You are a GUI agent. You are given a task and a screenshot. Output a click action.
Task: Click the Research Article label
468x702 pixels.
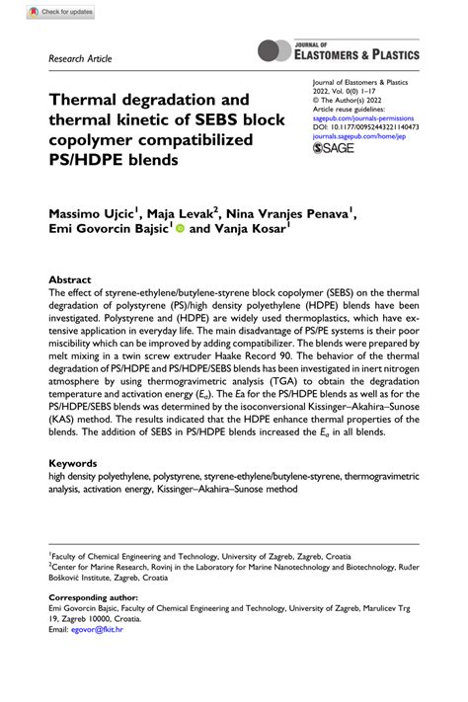(81, 59)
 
